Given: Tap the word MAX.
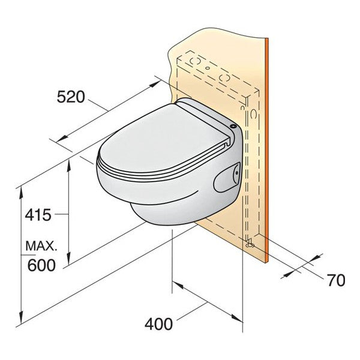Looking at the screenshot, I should [41, 246].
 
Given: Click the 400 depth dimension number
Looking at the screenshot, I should [159, 324].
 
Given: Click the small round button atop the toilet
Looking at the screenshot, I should [233, 126].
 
